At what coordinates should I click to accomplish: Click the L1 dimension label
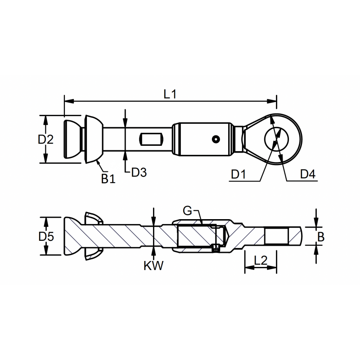click(x=170, y=94)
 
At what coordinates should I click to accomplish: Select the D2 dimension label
click(x=46, y=139)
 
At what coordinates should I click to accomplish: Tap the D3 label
click(x=139, y=172)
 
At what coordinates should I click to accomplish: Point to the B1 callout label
click(x=108, y=179)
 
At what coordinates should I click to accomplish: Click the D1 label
click(x=238, y=175)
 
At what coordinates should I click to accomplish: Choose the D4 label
click(x=308, y=174)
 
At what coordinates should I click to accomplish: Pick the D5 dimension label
click(x=46, y=237)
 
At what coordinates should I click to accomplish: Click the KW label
click(x=153, y=265)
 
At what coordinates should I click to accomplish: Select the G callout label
click(x=187, y=211)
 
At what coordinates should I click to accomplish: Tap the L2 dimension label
click(x=261, y=261)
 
